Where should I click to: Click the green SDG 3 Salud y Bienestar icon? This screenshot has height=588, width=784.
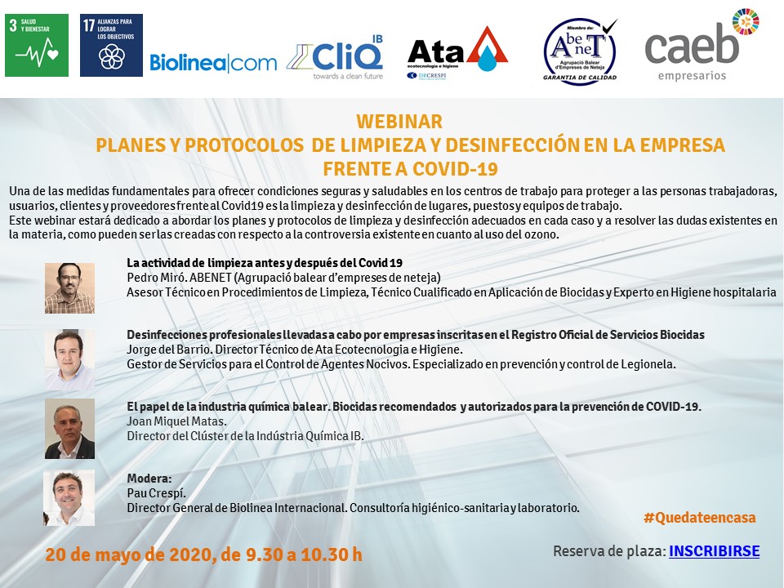click(37, 45)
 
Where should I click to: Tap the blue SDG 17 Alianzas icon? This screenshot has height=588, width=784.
click(112, 45)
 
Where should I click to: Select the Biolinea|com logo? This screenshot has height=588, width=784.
click(213, 63)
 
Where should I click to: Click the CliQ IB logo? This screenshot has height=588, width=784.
click(335, 57)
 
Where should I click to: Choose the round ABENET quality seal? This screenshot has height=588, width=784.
click(580, 51)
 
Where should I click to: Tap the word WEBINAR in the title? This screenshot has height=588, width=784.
click(399, 122)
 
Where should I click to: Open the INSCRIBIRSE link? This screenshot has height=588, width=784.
click(714, 551)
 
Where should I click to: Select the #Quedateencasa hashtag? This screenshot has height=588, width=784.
click(700, 518)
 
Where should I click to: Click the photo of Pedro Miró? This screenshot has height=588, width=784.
click(69, 288)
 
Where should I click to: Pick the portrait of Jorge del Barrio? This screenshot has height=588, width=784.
click(69, 360)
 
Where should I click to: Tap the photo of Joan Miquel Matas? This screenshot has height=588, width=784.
click(69, 429)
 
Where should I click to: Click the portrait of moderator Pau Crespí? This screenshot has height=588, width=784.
click(69, 498)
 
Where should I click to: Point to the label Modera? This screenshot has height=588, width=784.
click(149, 479)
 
